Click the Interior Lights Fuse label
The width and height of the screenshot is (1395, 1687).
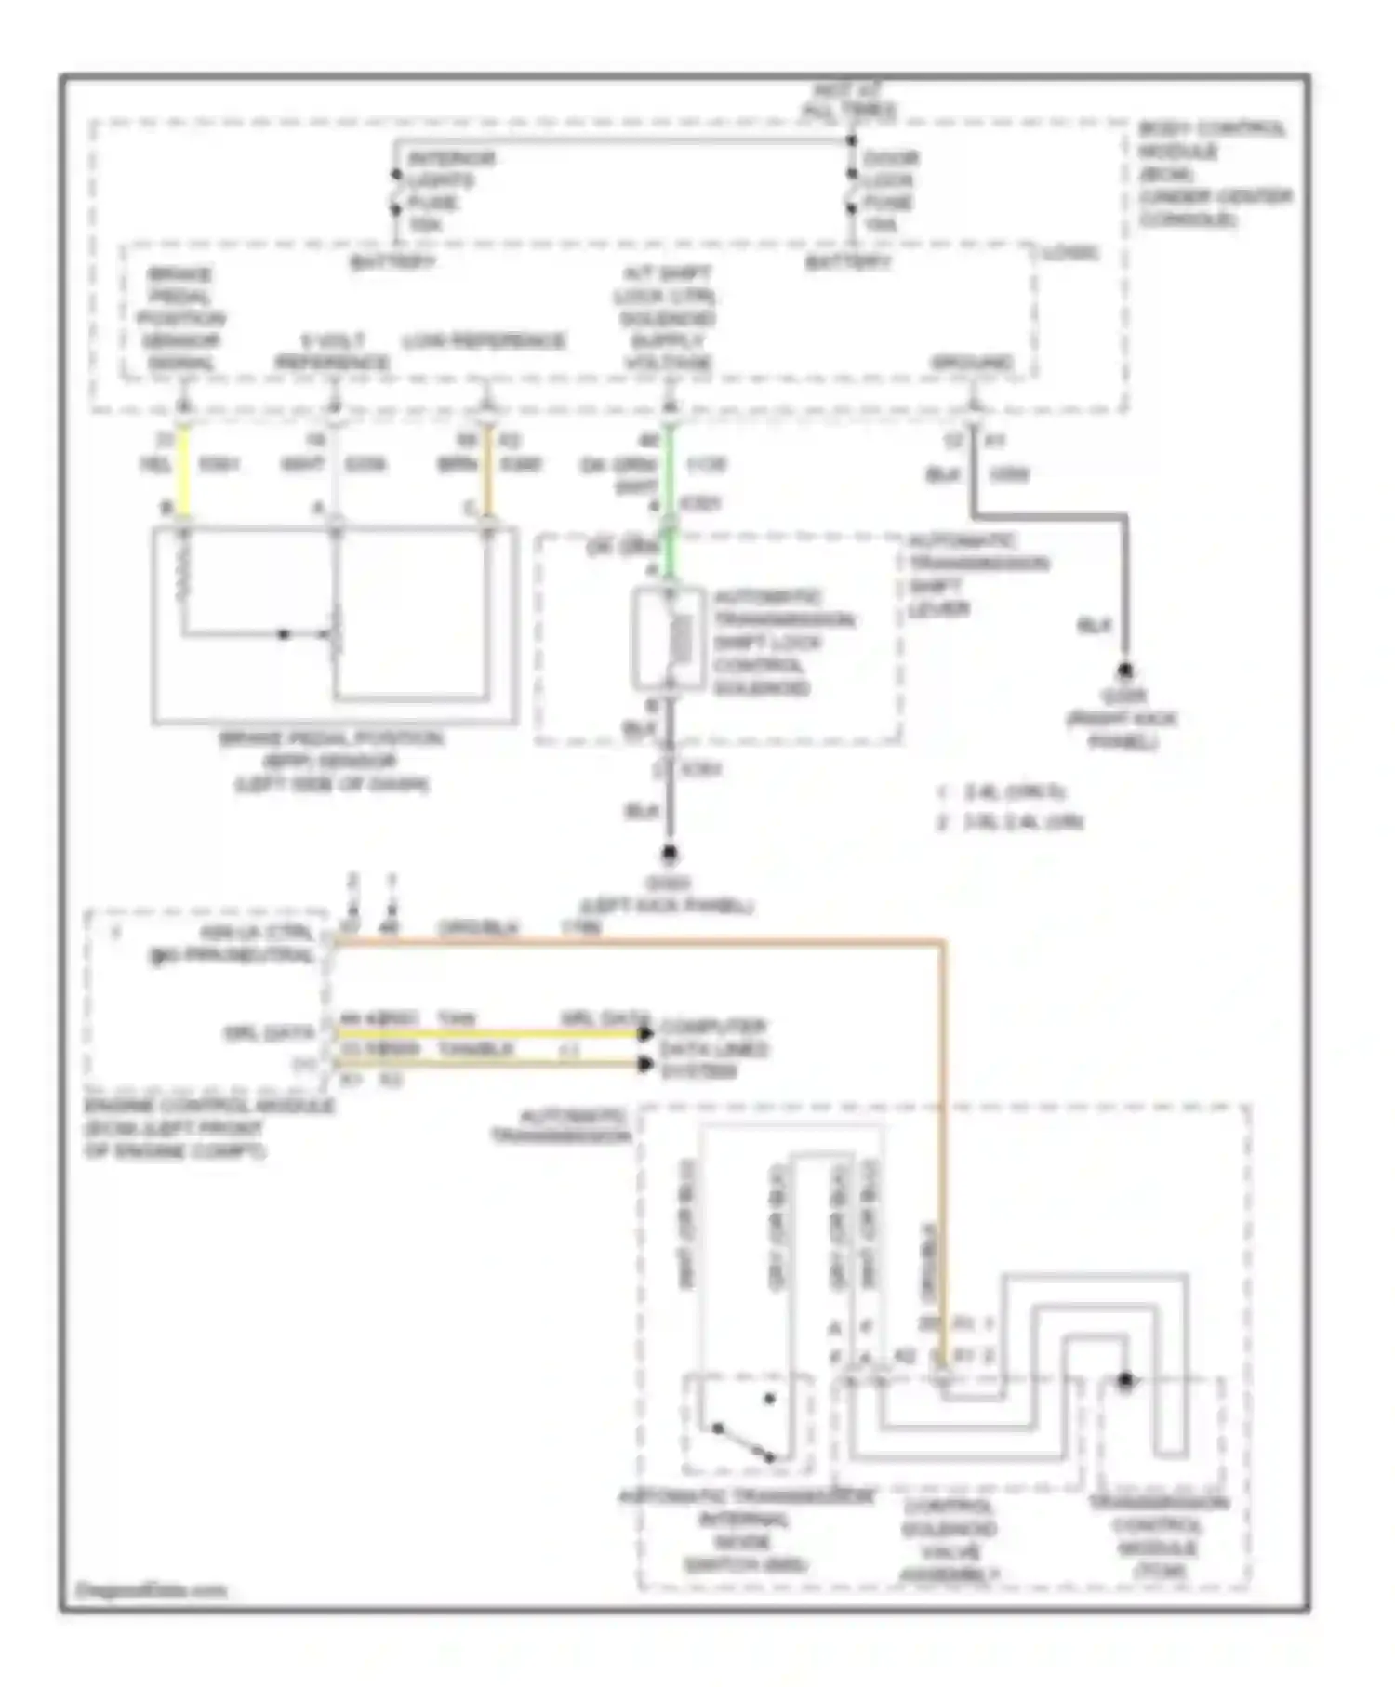450,192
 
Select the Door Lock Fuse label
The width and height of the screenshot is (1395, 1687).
889,192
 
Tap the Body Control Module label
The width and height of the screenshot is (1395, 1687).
1213,174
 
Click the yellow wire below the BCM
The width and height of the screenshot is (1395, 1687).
184,470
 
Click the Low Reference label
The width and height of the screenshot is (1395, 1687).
484,341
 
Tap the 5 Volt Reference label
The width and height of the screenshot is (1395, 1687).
332,352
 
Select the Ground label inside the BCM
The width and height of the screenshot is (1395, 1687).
972,363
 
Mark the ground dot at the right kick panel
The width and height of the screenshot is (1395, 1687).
1124,671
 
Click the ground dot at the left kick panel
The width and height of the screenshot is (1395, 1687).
668,853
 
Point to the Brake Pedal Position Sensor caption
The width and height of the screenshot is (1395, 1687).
331,762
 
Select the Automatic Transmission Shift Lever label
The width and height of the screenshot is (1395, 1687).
976,575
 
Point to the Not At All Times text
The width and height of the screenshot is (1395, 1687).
848,100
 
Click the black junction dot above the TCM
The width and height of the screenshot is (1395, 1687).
1125,1380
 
